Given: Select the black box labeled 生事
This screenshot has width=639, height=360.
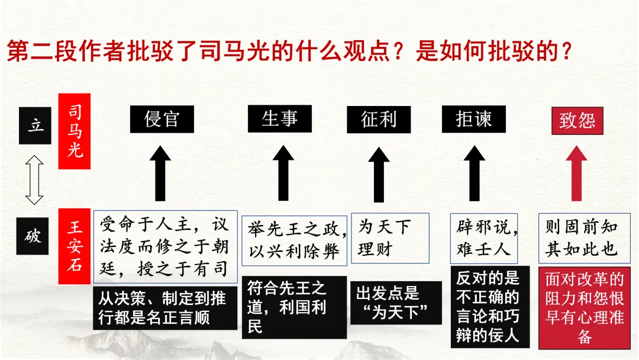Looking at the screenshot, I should click(279, 118).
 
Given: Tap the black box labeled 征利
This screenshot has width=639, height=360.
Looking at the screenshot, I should click(378, 120).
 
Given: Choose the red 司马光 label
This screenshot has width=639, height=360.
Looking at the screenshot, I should click(74, 131).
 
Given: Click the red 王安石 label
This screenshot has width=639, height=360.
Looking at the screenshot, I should click(74, 246).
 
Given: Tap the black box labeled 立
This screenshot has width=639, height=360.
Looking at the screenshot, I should click(35, 126).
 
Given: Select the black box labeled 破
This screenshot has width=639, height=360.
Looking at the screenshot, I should click(33, 236).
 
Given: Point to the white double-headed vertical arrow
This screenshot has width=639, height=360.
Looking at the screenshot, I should click(35, 179).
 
